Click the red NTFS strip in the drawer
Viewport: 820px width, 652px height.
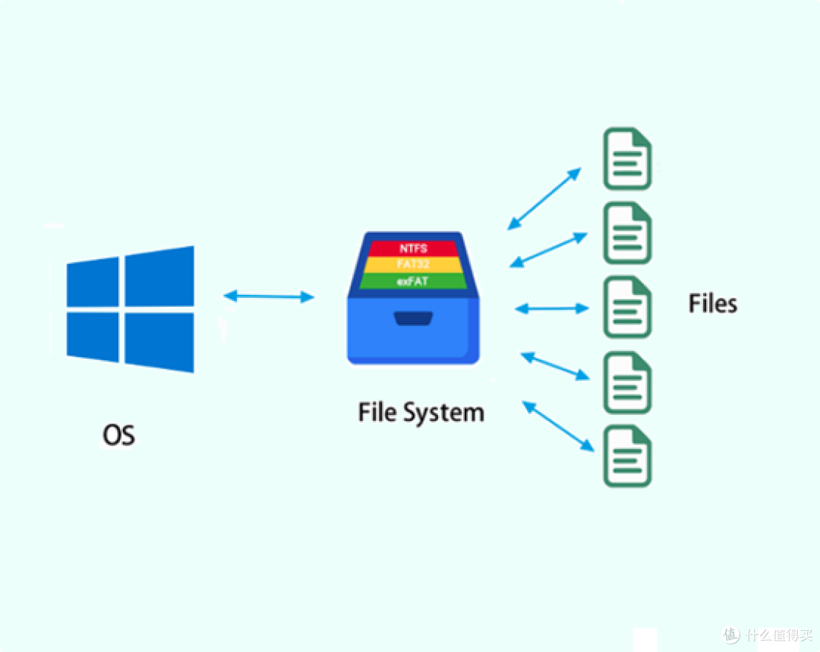414,248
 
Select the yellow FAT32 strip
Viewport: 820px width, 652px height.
414,265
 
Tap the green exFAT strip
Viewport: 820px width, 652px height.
414,282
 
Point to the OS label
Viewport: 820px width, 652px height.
118,435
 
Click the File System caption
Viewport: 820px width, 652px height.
421,413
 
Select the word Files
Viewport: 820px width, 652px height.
712,304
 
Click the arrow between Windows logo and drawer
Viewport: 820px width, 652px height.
269,296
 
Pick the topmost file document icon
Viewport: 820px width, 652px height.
627,159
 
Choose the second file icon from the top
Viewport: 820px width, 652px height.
627,233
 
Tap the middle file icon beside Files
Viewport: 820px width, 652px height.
627,308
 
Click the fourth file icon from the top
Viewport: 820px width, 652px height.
627,382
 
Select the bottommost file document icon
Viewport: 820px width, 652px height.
627,457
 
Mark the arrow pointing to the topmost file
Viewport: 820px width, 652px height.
544,198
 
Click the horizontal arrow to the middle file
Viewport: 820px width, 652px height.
552,309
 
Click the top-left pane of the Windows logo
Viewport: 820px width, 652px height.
93,283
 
